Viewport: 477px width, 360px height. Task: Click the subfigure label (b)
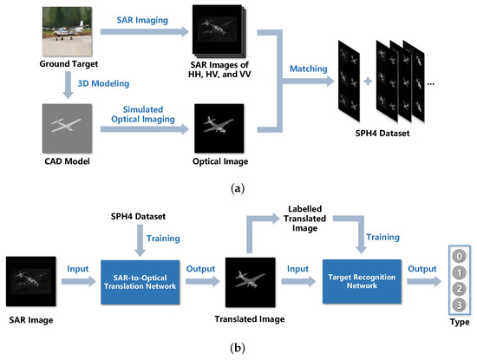(x=238, y=349)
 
